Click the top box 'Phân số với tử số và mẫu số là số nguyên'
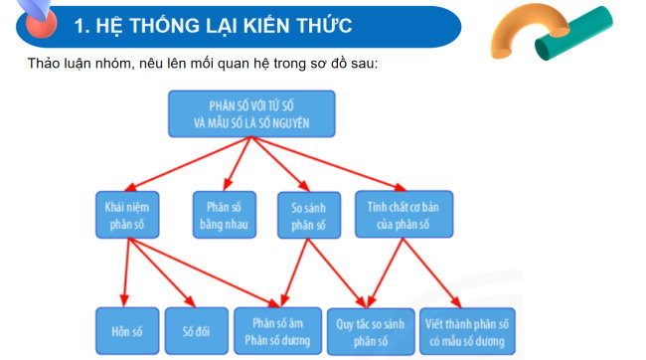(x=250, y=113)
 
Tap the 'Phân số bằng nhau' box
(x=225, y=216)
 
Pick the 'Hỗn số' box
(x=125, y=332)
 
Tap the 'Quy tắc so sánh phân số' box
(x=374, y=332)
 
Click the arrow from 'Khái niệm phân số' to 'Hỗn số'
(x=126, y=272)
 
